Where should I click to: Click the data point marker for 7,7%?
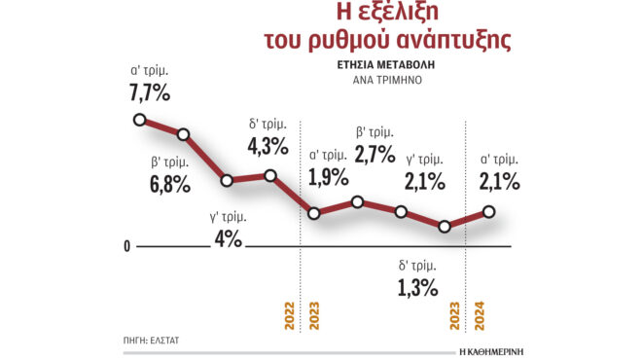(139, 120)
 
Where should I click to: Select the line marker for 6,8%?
(183, 134)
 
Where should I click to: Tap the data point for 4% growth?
(227, 180)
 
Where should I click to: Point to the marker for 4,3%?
(270, 176)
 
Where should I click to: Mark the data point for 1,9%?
(314, 214)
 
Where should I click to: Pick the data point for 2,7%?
(358, 201)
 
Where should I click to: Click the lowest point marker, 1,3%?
(445, 227)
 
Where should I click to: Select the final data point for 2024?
(488, 212)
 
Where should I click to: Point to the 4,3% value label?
(267, 146)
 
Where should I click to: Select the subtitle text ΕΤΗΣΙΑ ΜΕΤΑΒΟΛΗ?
(388, 67)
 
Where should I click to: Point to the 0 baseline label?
(127, 247)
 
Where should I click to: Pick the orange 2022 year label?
(289, 319)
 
